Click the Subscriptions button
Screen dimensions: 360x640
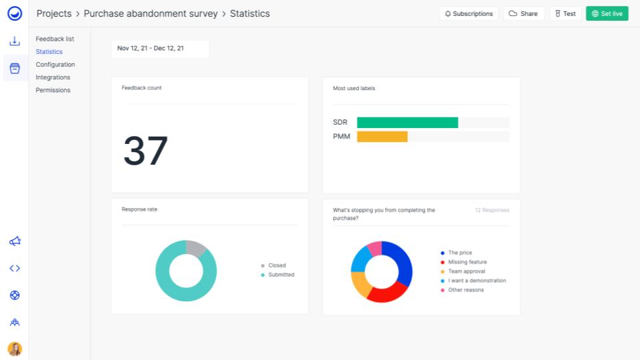click(x=469, y=13)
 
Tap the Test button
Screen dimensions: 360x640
click(x=565, y=13)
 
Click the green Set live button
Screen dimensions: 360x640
click(x=607, y=13)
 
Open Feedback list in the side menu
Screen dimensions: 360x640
click(x=55, y=39)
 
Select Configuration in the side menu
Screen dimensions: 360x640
click(x=55, y=65)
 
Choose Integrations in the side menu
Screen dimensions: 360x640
click(x=53, y=77)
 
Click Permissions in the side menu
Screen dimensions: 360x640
click(x=53, y=90)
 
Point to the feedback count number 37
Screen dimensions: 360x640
click(x=145, y=151)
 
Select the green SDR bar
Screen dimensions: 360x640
click(x=407, y=123)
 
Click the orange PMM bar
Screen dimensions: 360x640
click(x=382, y=137)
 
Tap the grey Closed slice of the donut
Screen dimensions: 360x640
click(x=195, y=247)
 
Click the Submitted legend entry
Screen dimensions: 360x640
click(x=281, y=275)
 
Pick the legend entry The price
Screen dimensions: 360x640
click(x=459, y=253)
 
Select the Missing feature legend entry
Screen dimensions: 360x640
click(x=467, y=262)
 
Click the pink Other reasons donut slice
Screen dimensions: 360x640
click(x=375, y=248)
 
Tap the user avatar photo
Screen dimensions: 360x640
click(x=15, y=349)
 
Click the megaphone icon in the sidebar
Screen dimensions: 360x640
click(x=15, y=241)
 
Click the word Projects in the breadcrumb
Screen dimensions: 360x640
click(x=54, y=13)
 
